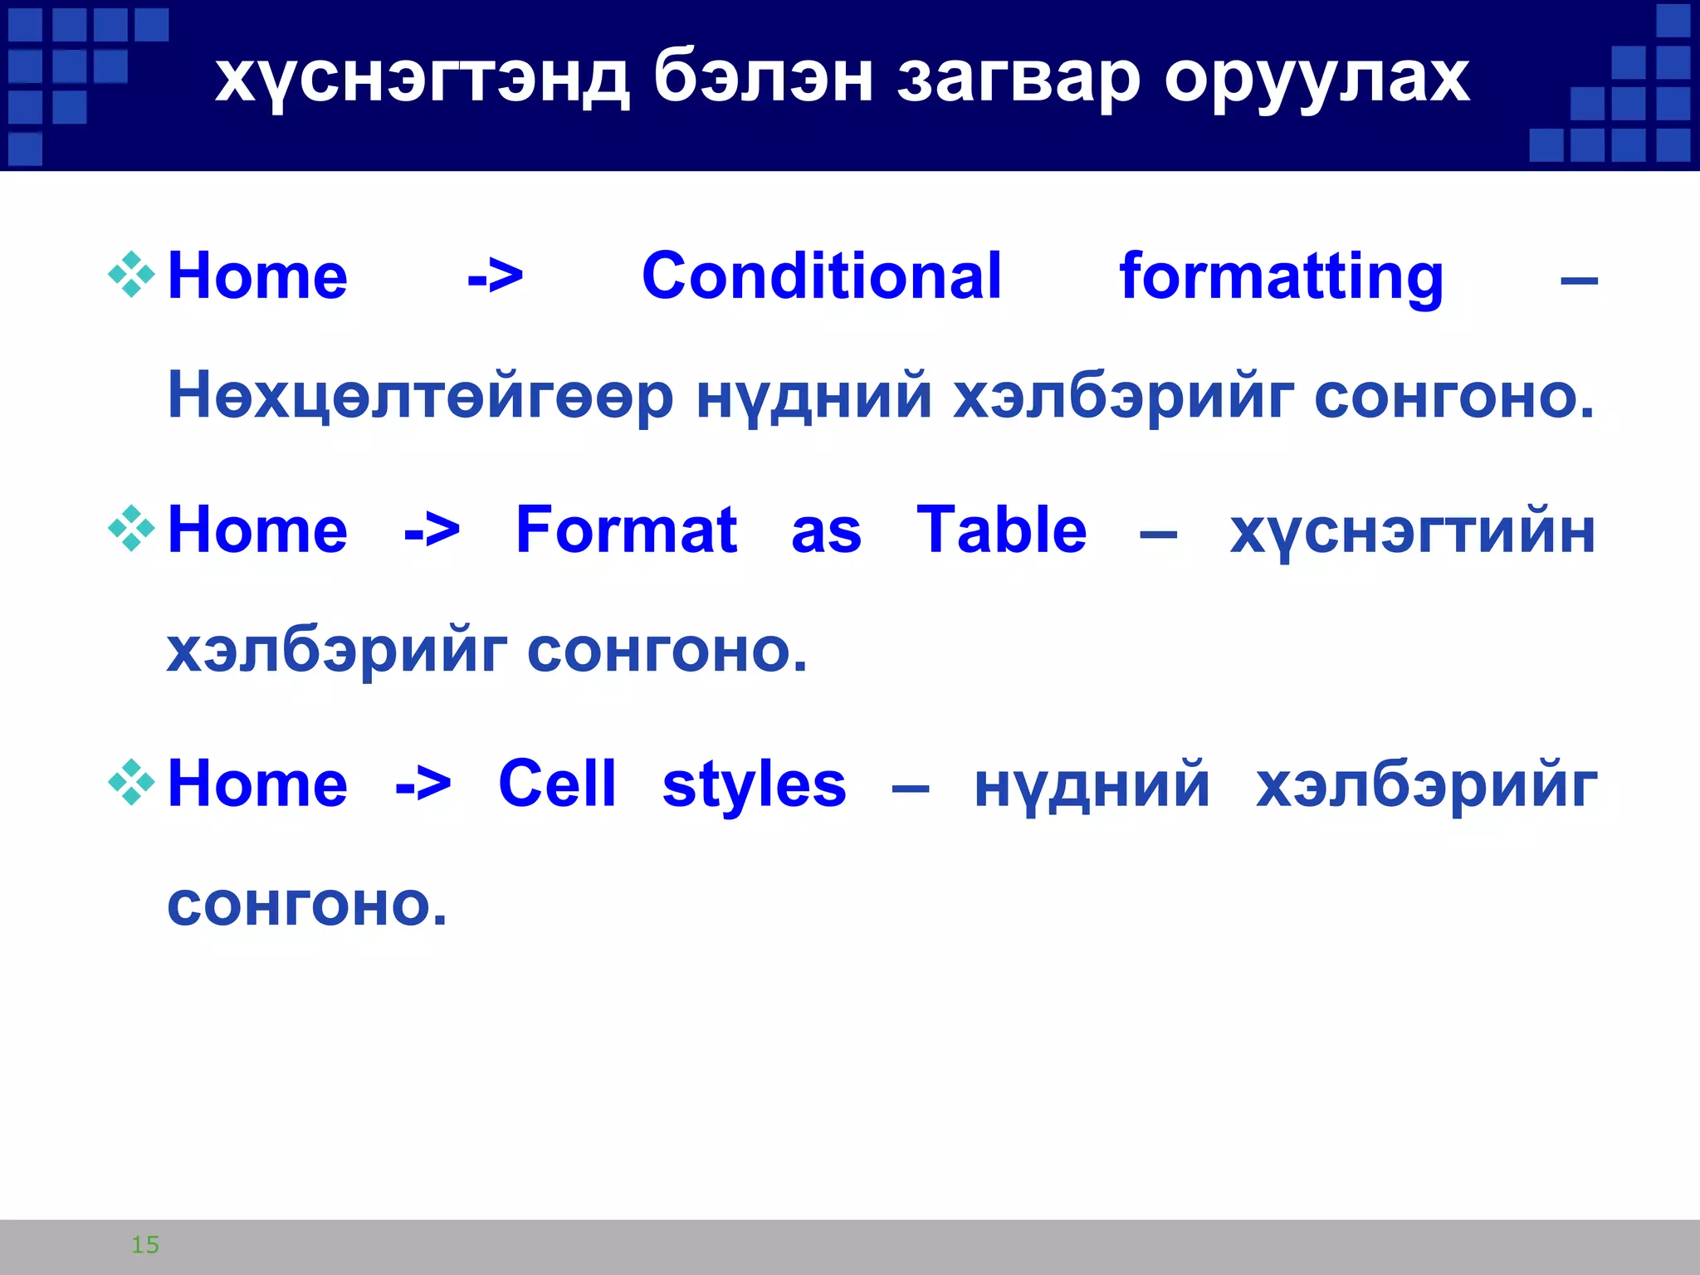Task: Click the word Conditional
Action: pos(822,276)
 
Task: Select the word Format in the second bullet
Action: pos(626,530)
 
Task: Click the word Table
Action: pos(1001,530)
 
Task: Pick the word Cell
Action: pos(557,784)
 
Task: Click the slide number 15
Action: pos(145,1244)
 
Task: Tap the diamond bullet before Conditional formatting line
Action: pos(131,275)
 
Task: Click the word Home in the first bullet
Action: pos(257,276)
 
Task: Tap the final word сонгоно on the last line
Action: pos(306,906)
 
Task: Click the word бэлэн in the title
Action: pos(763,79)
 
